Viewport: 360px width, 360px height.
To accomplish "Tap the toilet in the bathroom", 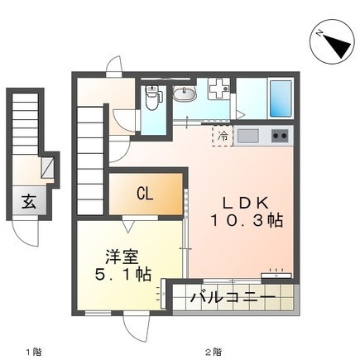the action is tap(151, 98).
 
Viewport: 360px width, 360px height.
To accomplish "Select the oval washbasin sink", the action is tap(185, 94).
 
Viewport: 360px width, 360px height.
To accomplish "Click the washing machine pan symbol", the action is tap(219, 89).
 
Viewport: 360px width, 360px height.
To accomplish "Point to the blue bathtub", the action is tap(281, 98).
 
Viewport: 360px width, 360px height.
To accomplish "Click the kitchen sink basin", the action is tap(248, 136).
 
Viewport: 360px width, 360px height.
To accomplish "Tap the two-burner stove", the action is tap(280, 136).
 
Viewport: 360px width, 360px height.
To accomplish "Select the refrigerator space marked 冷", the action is tap(223, 136).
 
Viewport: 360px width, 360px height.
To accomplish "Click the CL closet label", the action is tap(145, 194).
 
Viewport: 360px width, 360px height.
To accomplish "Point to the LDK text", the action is tap(246, 204).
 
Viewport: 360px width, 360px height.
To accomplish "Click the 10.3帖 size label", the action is tap(247, 221).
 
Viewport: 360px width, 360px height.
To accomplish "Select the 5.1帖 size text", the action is tap(123, 275).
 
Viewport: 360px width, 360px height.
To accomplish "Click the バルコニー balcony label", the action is tap(233, 298).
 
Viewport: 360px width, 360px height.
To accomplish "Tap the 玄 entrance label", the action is tap(29, 201).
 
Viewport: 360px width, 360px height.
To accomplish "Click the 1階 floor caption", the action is tap(34, 352).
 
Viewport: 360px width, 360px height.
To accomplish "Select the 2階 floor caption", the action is tap(214, 352).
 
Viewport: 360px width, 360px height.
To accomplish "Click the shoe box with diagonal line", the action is tap(47, 167).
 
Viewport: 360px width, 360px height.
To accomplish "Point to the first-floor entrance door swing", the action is tap(26, 232).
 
